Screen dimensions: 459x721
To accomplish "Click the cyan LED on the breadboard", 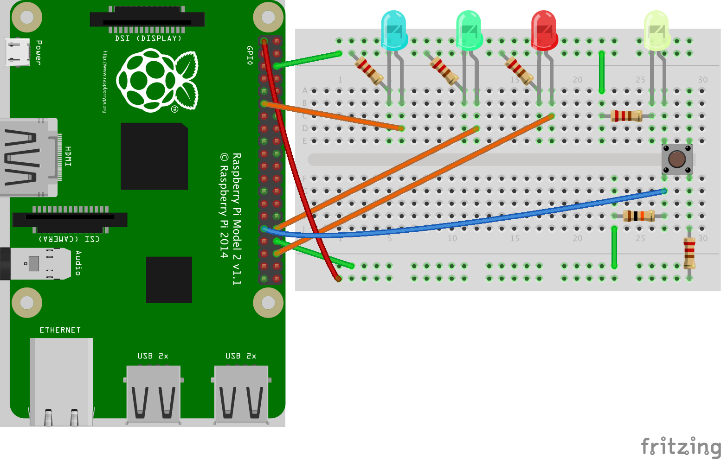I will tap(394, 31).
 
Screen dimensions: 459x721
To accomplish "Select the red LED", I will tap(544, 31).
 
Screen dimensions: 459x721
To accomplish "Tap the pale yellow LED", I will tap(657, 31).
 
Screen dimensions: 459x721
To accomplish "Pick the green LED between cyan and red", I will tap(469, 31).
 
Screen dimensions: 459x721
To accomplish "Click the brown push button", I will tap(677, 159).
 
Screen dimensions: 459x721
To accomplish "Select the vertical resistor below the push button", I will tap(689, 253).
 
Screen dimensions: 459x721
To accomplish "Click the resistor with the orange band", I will tap(639, 216).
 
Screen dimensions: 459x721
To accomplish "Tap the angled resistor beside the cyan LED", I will tap(369, 71).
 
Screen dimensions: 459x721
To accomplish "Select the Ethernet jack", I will tap(61, 380).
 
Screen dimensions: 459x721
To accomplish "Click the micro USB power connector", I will tap(18, 52).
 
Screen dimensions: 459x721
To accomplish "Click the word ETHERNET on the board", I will tap(60, 330).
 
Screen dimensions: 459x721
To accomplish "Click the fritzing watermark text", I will tap(681, 447).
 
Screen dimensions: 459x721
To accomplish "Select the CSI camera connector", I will tap(70, 219).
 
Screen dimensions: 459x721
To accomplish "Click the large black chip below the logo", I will tap(154, 156).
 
